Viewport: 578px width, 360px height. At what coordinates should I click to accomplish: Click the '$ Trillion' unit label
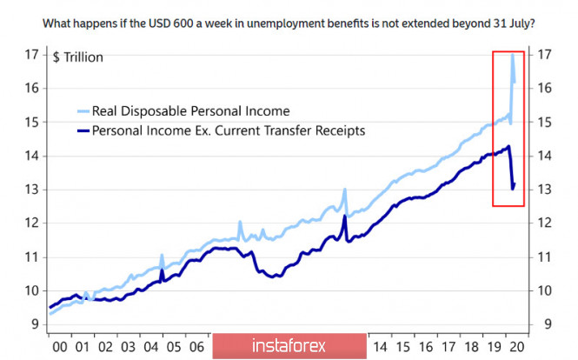pyautogui.click(x=78, y=57)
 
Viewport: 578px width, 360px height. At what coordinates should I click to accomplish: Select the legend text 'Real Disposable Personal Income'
pyautogui.click(x=189, y=111)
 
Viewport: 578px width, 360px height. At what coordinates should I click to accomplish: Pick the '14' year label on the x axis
pyautogui.click(x=379, y=346)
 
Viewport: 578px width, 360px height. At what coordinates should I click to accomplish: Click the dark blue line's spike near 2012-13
pyautogui.click(x=345, y=217)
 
